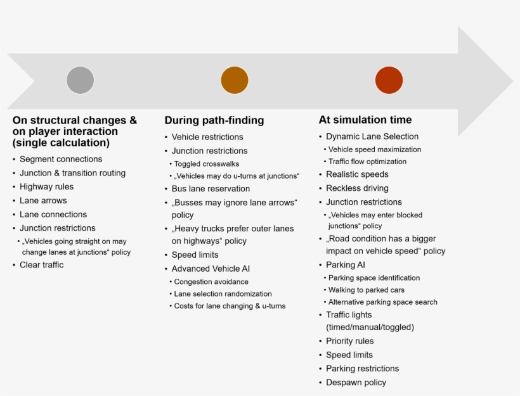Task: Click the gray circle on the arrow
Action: pyautogui.click(x=81, y=80)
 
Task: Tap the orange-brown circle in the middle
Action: pyautogui.click(x=235, y=80)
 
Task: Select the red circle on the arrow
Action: pyautogui.click(x=389, y=80)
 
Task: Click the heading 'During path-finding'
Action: pyautogui.click(x=214, y=120)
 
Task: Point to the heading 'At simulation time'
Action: pyautogui.click(x=365, y=120)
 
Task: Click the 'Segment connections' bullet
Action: pyautogui.click(x=61, y=159)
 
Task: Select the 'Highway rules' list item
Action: pyautogui.click(x=46, y=186)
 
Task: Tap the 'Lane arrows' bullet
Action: pyautogui.click(x=43, y=200)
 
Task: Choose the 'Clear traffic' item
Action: pyautogui.click(x=41, y=265)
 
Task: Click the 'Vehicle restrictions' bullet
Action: pyautogui.click(x=207, y=137)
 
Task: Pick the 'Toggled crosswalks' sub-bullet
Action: pyautogui.click(x=207, y=163)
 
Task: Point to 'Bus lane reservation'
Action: pyautogui.click(x=211, y=189)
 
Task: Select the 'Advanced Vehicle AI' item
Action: pyautogui.click(x=211, y=269)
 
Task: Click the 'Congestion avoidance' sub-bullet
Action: pyautogui.click(x=211, y=282)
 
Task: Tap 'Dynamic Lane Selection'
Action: pyautogui.click(x=372, y=136)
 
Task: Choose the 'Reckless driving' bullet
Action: pyautogui.click(x=357, y=188)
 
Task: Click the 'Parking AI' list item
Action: pyautogui.click(x=346, y=265)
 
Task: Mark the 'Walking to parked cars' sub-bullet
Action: pyautogui.click(x=367, y=290)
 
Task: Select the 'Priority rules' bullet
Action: pyautogui.click(x=350, y=341)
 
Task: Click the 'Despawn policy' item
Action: pyautogui.click(x=356, y=383)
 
